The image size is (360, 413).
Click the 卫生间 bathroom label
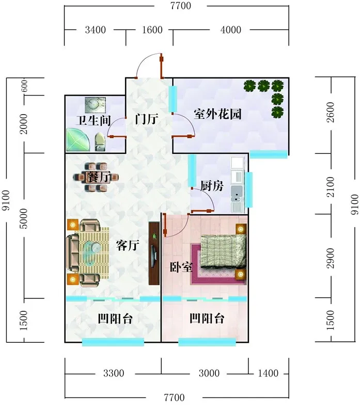pos(93,120)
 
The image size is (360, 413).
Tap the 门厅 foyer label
pos(147,119)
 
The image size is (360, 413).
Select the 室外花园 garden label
pos(217,114)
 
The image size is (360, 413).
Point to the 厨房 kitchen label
pos(212,186)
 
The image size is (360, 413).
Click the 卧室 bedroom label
pos(181,267)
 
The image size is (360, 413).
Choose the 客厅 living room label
pos(128,245)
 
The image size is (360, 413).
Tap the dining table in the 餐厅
pos(96,177)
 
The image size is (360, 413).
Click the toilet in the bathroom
pos(99,142)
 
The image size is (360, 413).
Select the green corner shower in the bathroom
pos(78,139)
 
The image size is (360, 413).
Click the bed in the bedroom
pos(224,251)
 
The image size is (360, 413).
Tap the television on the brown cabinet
pos(153,253)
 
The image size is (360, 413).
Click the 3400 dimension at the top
pos(95,30)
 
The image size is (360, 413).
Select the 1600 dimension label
pos(152,30)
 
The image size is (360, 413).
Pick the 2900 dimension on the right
pos(330,258)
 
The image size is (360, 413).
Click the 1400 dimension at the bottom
pos(268,373)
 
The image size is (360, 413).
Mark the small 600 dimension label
pos(24,86)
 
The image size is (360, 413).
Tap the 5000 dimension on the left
pos(23,218)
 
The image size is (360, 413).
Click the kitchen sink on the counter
pos(237,190)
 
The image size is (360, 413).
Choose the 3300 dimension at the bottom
pos(114,373)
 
